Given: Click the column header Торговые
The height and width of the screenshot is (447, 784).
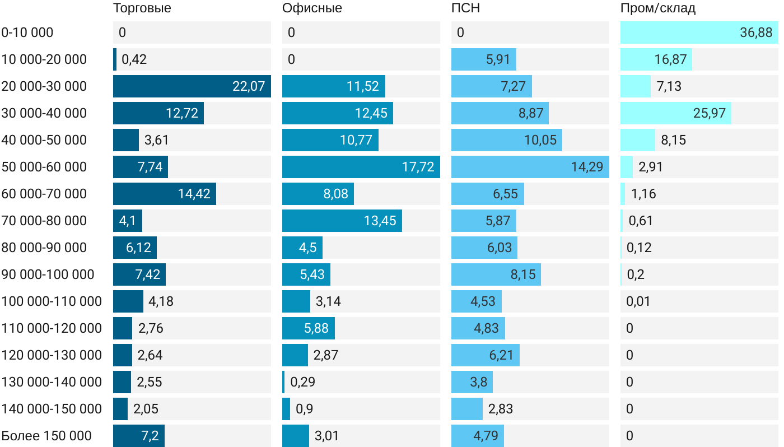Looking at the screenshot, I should (x=142, y=8).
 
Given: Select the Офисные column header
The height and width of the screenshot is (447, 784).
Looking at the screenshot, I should (x=312, y=8).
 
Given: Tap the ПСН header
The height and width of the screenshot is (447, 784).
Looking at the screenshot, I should (x=465, y=8).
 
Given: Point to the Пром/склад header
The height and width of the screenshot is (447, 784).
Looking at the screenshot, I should (x=657, y=8).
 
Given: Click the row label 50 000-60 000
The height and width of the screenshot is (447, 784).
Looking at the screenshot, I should (x=44, y=167).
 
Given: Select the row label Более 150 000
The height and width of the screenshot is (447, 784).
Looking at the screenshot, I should (x=46, y=436).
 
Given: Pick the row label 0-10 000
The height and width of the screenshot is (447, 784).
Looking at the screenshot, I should (x=27, y=32).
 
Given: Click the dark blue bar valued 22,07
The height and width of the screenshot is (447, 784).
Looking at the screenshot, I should (x=192, y=86).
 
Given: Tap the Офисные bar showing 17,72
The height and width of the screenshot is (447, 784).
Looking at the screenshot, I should (x=361, y=167).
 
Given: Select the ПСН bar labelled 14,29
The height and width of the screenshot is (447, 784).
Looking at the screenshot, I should (x=530, y=167).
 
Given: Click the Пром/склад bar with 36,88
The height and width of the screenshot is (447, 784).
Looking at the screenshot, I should (x=699, y=32).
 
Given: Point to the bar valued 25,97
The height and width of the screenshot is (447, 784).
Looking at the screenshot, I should (x=675, y=113).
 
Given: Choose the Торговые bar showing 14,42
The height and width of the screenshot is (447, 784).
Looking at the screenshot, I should (x=164, y=194).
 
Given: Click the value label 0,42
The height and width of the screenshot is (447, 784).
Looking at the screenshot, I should (x=134, y=59).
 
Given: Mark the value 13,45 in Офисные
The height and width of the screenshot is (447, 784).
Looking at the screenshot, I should (x=380, y=221).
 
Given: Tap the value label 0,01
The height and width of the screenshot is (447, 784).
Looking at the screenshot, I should (x=638, y=301).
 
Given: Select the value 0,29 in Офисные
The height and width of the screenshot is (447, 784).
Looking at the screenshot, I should (x=302, y=382).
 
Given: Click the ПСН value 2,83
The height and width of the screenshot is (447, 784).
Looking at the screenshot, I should (x=500, y=409).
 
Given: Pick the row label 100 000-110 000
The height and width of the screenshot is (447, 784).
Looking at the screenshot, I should (x=52, y=301).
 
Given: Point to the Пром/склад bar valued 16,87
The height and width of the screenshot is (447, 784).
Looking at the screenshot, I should (x=656, y=59).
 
